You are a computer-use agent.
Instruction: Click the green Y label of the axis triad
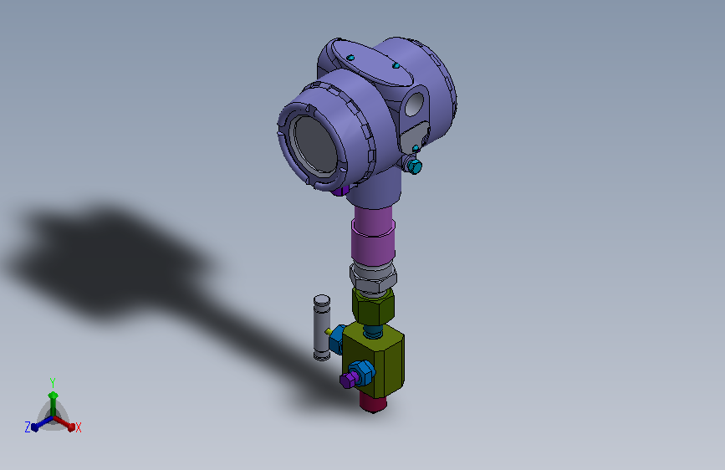(52, 381)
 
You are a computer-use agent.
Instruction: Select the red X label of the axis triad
(79, 428)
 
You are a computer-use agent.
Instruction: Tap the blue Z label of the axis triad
(28, 427)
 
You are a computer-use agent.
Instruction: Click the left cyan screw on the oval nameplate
(351, 57)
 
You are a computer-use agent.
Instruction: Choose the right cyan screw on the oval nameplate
(396, 65)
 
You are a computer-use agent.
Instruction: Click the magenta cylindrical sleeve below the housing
(373, 235)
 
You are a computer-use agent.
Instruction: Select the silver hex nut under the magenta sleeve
(373, 277)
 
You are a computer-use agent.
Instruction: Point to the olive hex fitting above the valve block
(372, 307)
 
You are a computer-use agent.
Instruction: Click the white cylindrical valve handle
(320, 327)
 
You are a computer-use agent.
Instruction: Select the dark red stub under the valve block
(374, 403)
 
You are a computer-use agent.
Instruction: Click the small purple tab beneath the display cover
(340, 191)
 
